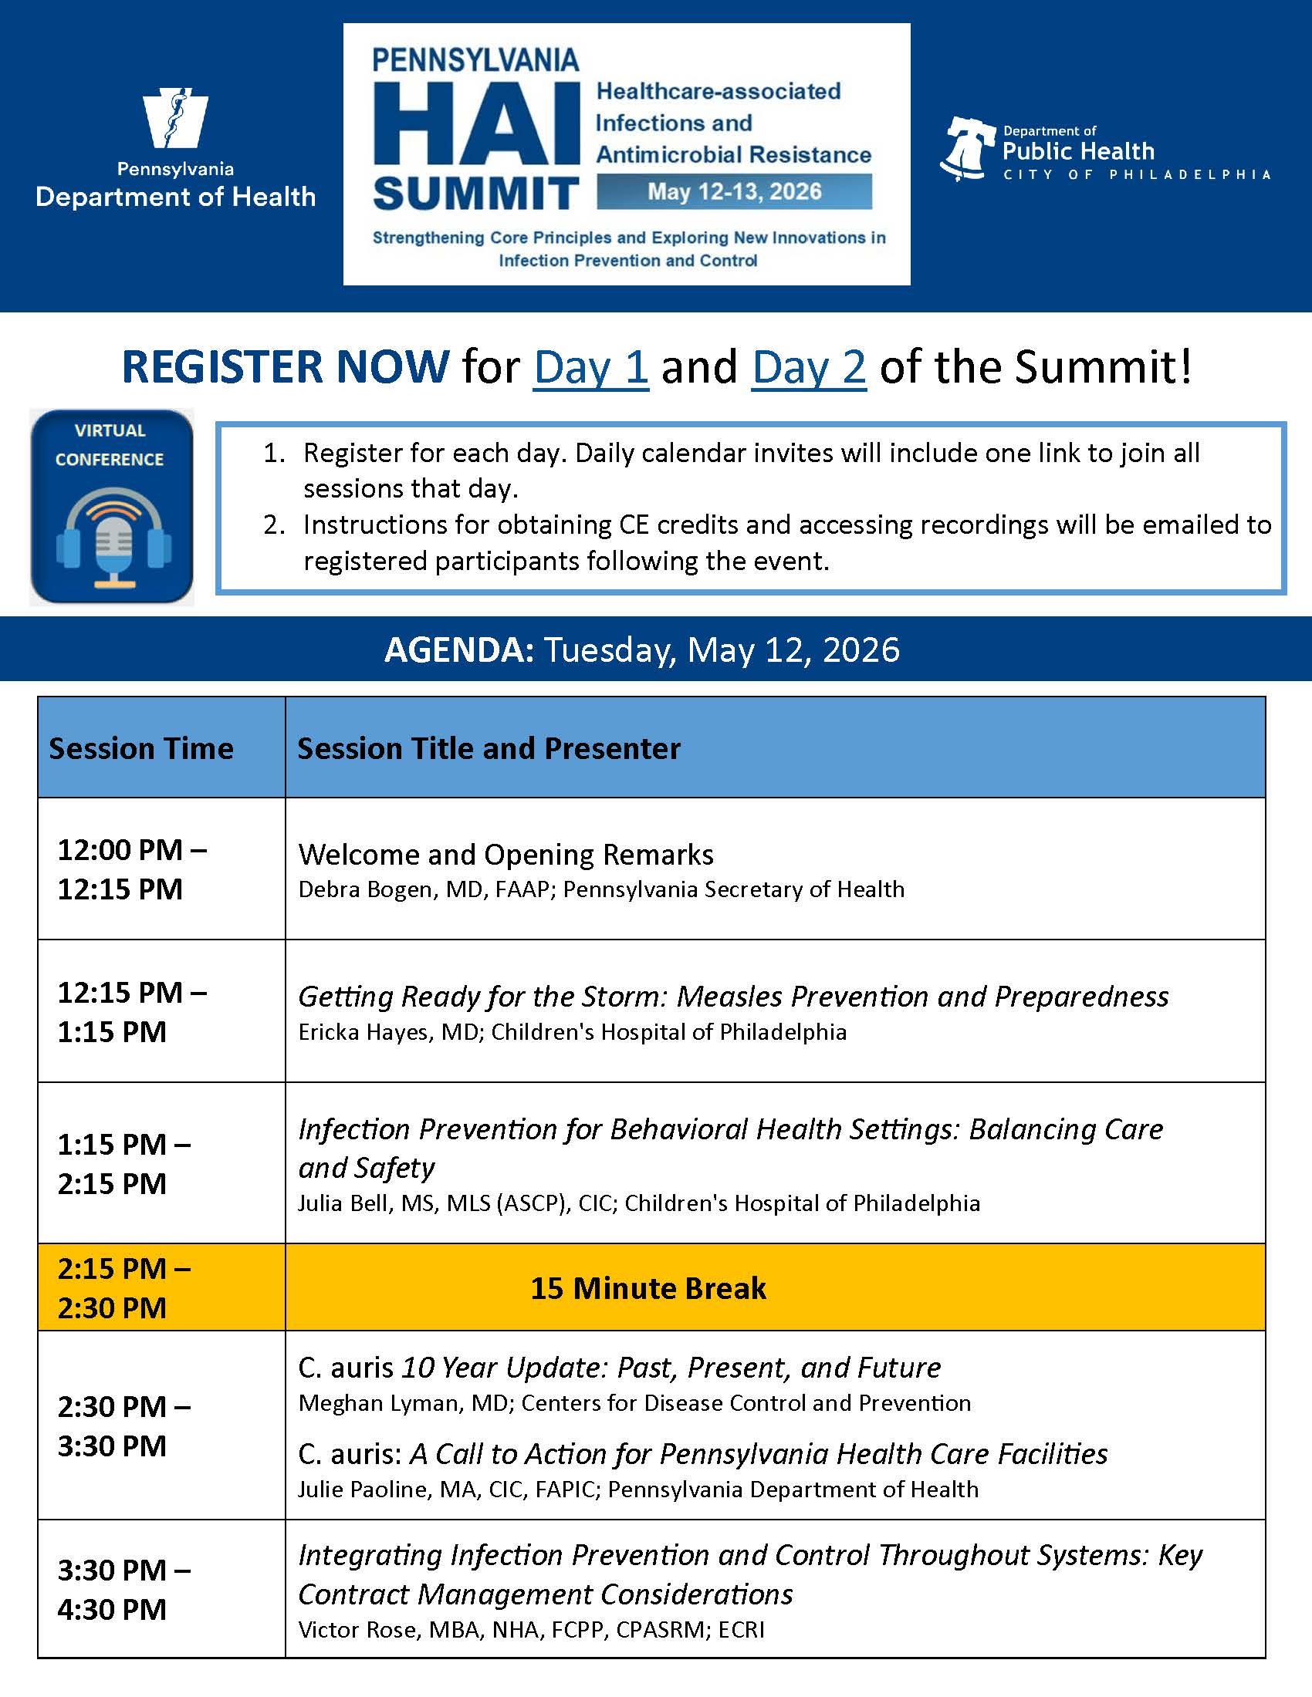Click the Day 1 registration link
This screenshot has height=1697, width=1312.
click(x=590, y=366)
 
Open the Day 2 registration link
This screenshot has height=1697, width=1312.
click(x=808, y=366)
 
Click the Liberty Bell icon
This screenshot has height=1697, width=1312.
click(x=967, y=148)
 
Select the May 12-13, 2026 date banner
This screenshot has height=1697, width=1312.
click(x=734, y=192)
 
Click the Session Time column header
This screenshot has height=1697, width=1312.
click(x=140, y=748)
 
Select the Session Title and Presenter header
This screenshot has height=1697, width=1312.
click(x=489, y=748)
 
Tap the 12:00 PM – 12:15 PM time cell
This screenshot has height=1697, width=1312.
click(x=132, y=869)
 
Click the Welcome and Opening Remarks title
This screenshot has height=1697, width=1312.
click(x=506, y=854)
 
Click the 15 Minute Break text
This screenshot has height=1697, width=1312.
click(x=648, y=1287)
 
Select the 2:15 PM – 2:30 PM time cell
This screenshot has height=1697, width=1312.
click(x=124, y=1287)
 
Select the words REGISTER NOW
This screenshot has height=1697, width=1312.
click(x=286, y=366)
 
